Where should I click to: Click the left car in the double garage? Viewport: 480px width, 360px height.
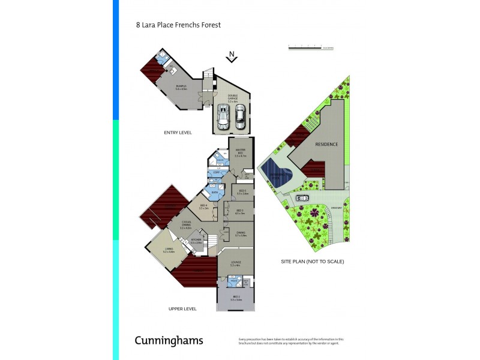223,117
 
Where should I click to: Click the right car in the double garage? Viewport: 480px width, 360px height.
240,117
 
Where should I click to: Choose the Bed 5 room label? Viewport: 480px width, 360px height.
242,192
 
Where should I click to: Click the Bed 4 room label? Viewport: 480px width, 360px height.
203,207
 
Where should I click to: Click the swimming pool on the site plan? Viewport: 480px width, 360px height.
277,174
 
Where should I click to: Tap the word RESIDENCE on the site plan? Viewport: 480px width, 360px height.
327,145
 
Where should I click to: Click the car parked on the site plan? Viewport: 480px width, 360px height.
302,197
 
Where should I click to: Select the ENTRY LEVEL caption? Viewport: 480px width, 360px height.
178,132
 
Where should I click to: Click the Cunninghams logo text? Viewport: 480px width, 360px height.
169,340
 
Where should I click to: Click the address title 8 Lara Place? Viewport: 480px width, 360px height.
178,25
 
